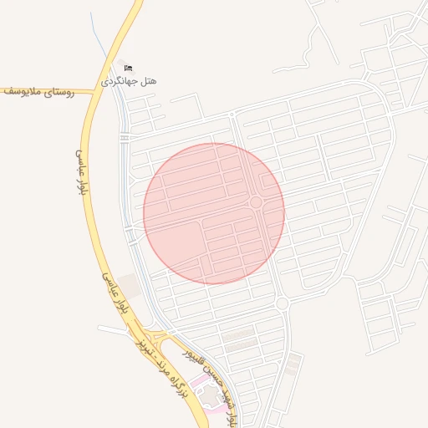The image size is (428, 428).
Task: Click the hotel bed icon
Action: (x=128, y=68)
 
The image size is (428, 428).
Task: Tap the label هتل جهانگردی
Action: (x=129, y=81)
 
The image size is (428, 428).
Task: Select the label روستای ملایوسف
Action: (x=38, y=92)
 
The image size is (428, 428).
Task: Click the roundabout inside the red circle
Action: (x=255, y=202)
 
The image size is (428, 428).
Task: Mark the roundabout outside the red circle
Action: (x=282, y=303)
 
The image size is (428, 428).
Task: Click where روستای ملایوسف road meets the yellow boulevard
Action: (x=86, y=89)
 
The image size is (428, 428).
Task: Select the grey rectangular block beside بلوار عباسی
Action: (x=129, y=286)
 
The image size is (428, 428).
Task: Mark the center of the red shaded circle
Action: (x=214, y=213)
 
